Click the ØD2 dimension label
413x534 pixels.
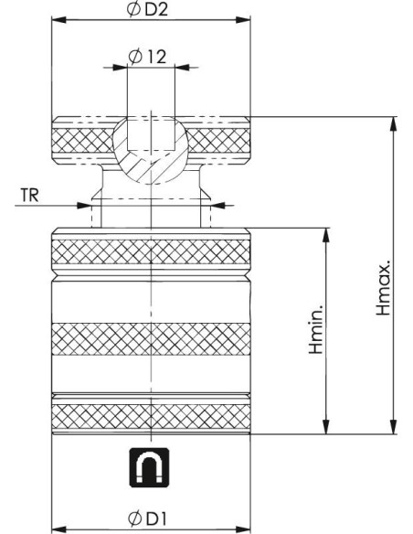tap(147, 10)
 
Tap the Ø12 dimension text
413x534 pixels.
tap(147, 57)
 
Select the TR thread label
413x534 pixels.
tap(30, 195)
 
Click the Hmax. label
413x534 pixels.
tap(383, 288)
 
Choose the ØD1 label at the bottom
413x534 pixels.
tap(147, 518)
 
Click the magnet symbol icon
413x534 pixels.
tap(149, 467)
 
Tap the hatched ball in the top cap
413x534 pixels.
tap(151, 150)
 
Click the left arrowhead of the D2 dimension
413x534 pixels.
tap(58, 20)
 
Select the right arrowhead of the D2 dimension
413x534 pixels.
tap(243, 20)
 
